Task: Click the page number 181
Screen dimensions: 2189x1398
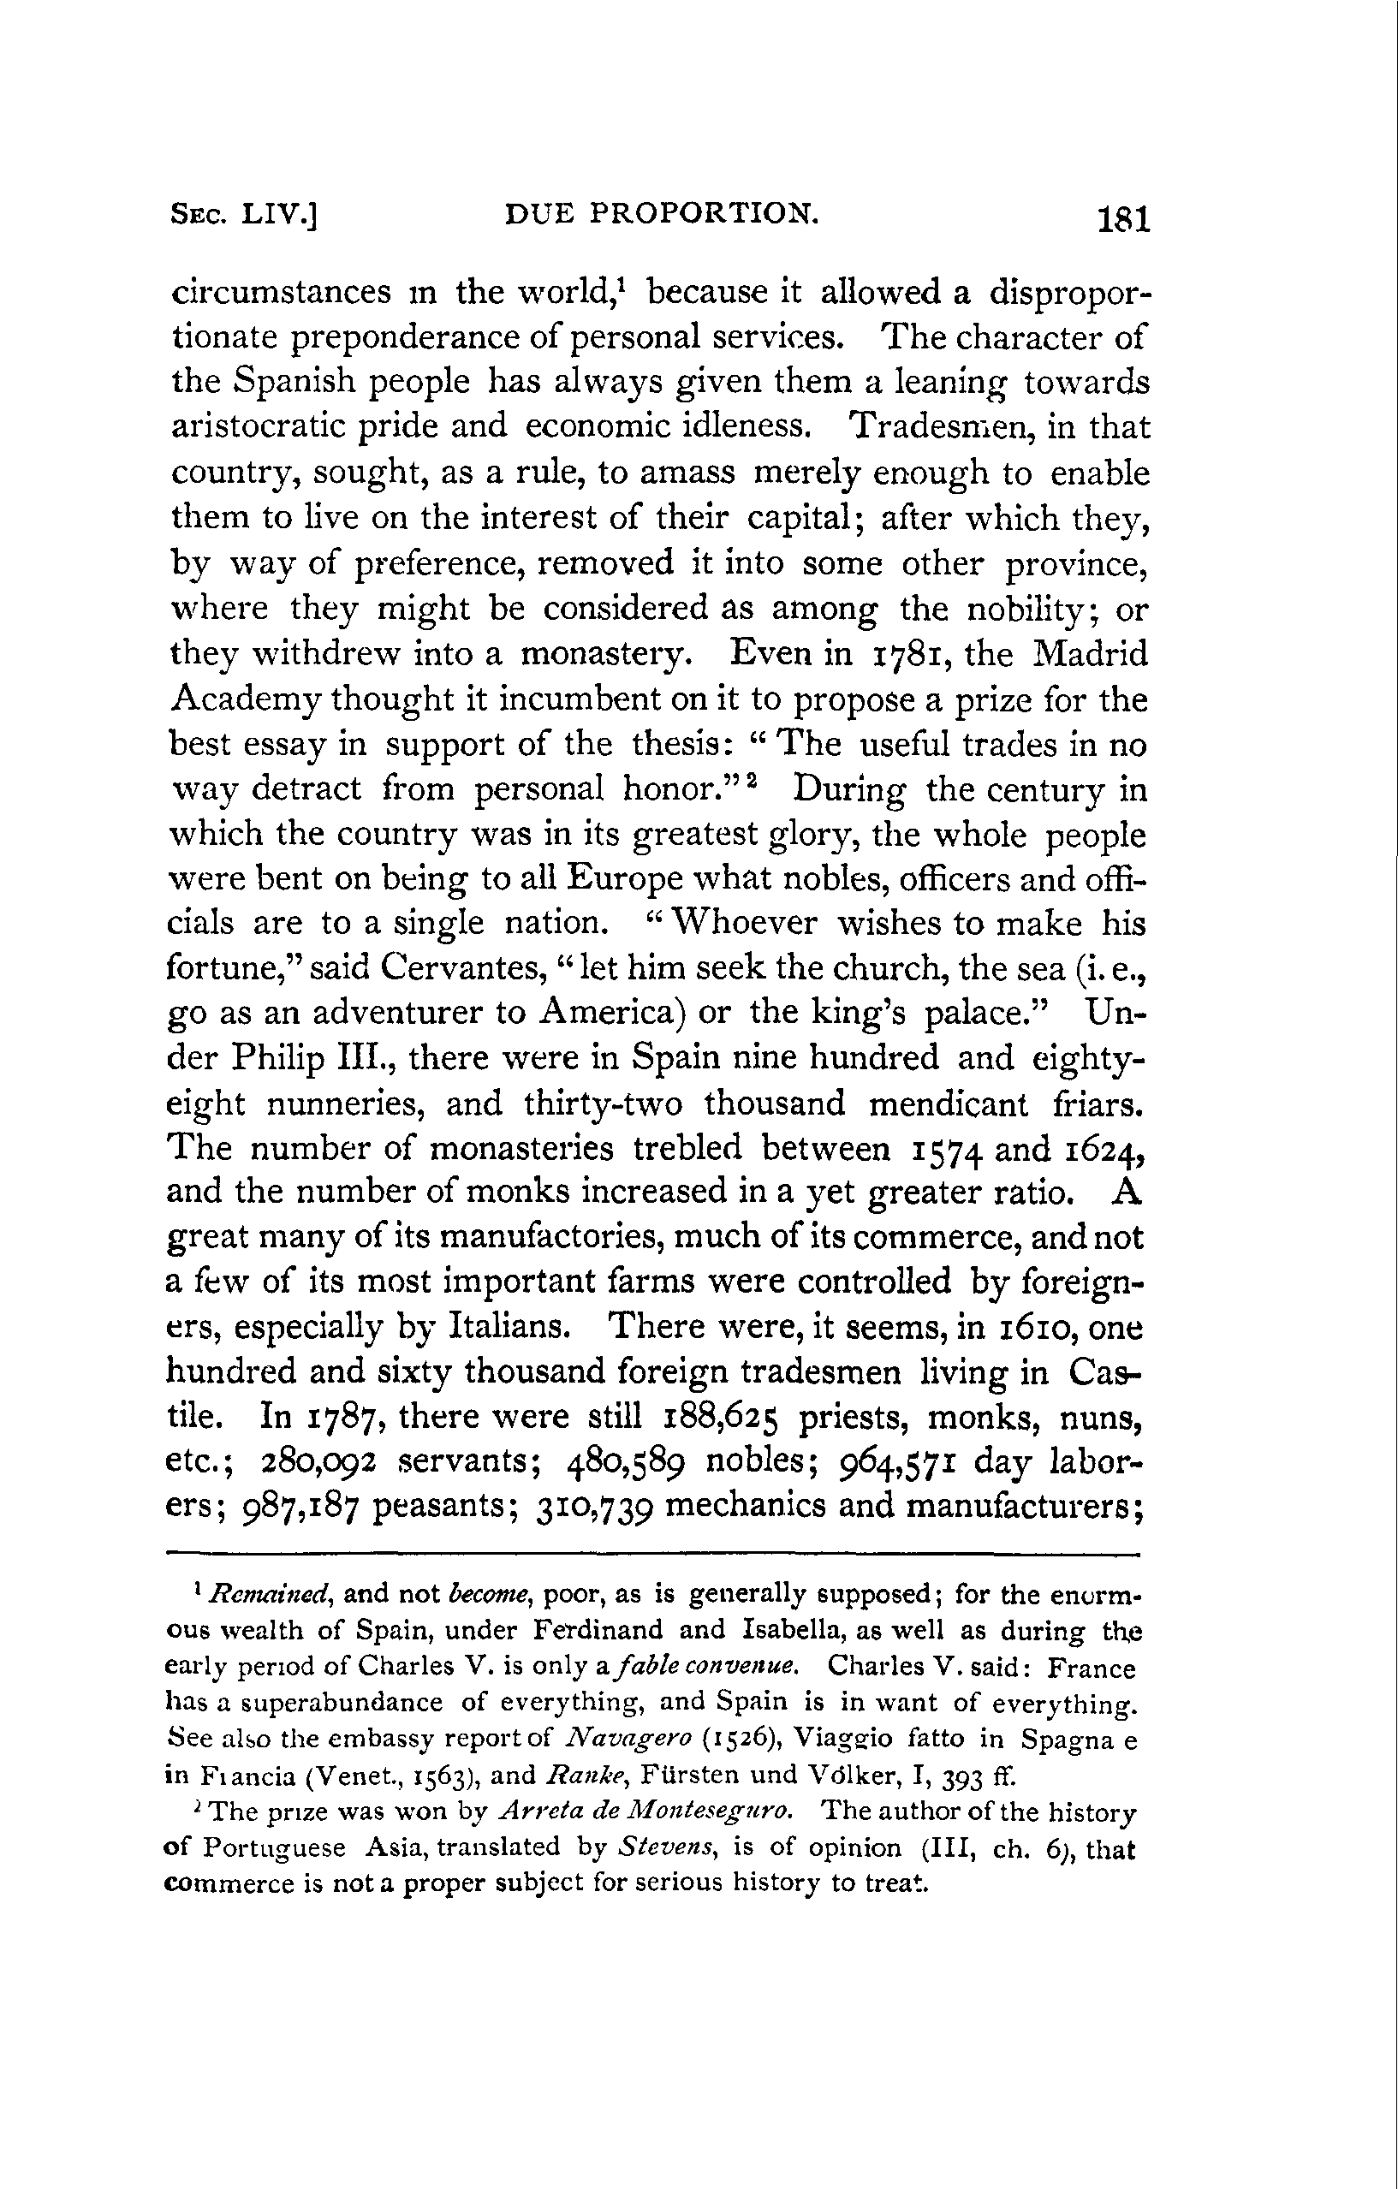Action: point(1123,220)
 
